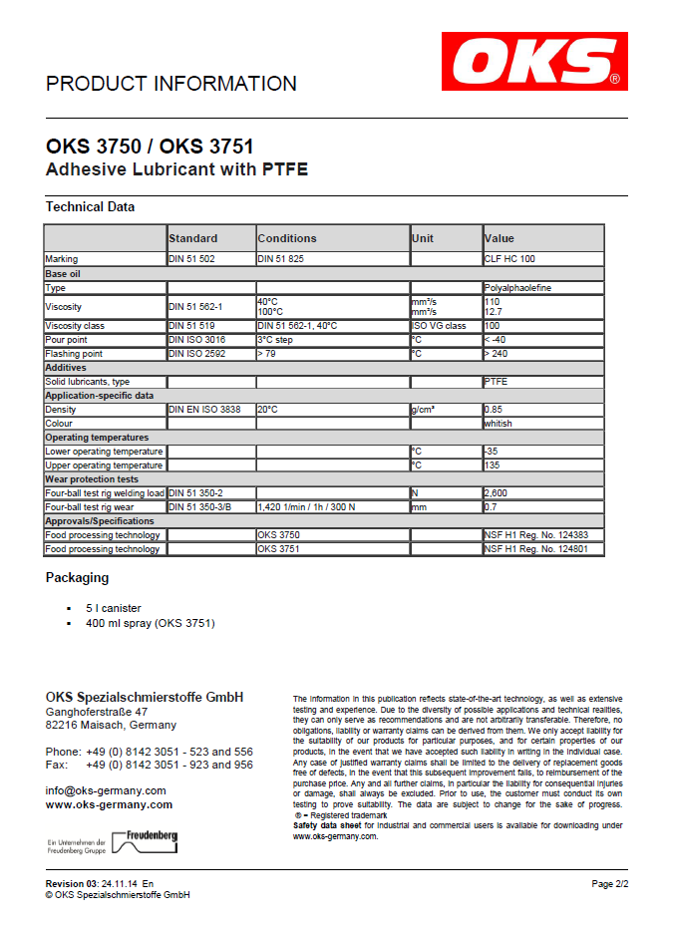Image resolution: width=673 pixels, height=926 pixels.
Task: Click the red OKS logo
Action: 535,61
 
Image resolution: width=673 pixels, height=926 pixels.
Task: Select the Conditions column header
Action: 287,238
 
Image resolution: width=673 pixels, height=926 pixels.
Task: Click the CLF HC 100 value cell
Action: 509,259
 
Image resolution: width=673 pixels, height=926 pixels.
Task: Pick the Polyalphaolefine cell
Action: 517,288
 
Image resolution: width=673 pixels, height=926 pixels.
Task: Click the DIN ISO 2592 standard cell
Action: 196,354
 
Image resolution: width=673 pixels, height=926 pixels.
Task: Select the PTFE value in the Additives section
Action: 496,382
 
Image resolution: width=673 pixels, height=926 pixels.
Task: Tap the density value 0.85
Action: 493,410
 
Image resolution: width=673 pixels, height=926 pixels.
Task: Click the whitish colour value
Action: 498,424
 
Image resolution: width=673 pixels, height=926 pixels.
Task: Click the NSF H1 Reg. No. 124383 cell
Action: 542,535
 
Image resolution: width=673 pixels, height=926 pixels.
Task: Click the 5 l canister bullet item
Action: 114,608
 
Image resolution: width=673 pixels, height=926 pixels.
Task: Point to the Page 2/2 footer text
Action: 609,884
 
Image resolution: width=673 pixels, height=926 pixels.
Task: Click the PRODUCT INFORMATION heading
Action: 170,84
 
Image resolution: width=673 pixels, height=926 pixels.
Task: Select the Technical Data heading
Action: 90,207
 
